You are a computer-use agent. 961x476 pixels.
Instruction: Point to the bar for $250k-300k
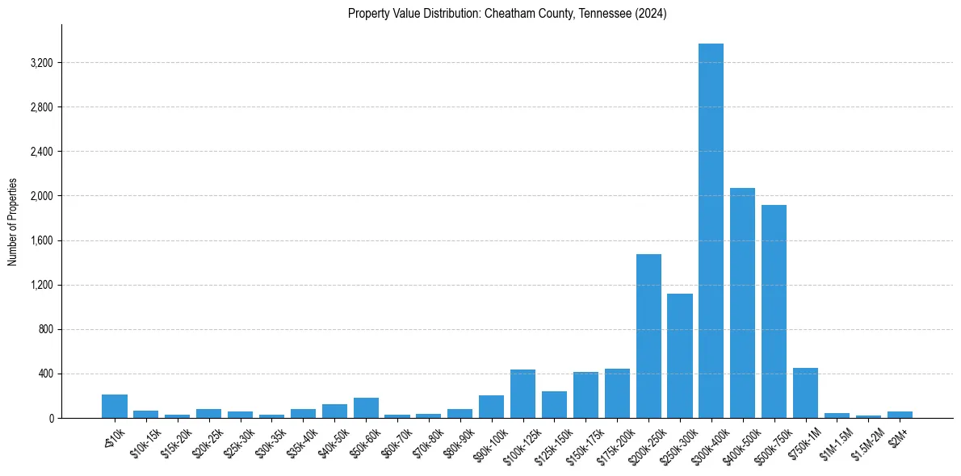680,356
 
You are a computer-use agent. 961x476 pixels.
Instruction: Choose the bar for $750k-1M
805,393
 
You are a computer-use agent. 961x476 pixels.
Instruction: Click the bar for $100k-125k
522,394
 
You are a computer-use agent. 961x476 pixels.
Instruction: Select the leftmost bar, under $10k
115,406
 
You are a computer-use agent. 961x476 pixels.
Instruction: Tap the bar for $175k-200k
617,393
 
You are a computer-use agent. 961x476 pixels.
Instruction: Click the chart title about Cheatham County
507,14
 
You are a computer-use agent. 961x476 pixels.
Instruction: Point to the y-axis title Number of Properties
13,222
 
